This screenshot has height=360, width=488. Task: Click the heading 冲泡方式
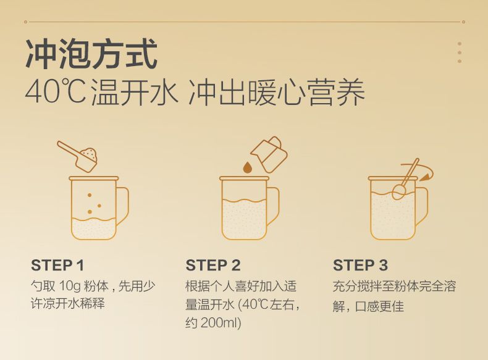click(91, 54)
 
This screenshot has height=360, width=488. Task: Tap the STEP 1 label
click(57, 266)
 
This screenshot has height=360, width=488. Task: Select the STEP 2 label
click(213, 266)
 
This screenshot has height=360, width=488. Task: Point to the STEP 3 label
click(360, 266)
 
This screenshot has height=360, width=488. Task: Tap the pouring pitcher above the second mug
click(269, 154)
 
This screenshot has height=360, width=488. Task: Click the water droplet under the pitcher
click(248, 167)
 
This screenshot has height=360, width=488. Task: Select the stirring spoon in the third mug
click(405, 180)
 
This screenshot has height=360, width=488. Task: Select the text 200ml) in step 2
click(221, 323)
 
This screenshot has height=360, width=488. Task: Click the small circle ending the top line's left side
click(25, 22)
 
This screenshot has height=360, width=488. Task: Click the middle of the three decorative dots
click(460, 52)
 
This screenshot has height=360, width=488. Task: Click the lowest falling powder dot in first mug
click(90, 212)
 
